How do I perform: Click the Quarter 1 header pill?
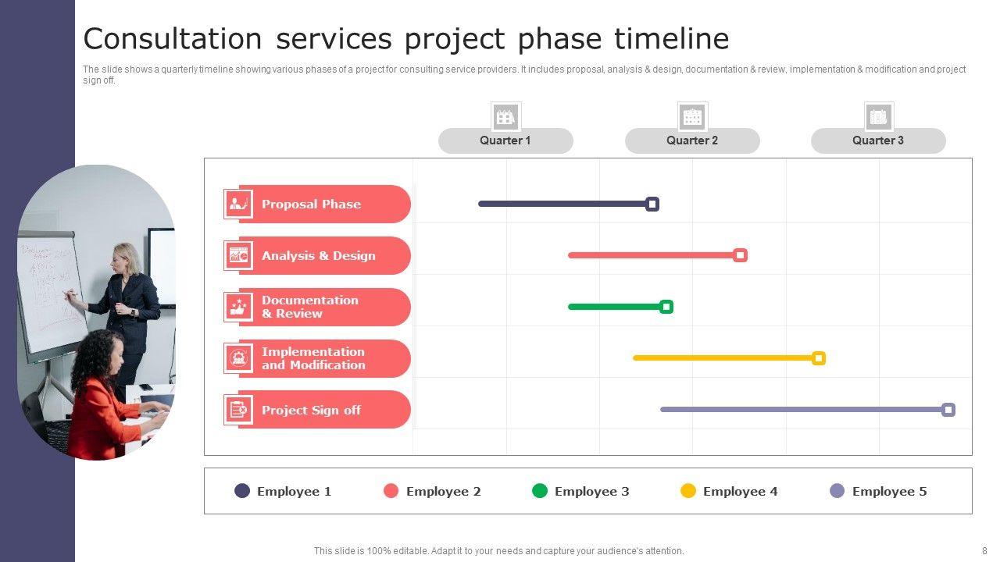505,141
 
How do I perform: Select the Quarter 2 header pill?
692,141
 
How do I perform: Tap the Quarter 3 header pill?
878,141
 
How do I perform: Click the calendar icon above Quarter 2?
692,117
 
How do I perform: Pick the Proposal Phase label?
311,205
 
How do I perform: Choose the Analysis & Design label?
318,255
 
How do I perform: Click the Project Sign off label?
311,410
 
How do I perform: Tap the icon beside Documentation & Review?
238,307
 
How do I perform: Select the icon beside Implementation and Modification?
238,358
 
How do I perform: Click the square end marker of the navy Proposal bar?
652,205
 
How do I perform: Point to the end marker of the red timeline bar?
740,255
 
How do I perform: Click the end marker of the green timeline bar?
666,307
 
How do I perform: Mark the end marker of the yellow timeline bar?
818,358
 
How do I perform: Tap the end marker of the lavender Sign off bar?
948,410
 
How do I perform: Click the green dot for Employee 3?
540,491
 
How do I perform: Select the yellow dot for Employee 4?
688,491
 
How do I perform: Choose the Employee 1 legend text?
295,492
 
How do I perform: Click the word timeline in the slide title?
672,39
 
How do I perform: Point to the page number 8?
984,551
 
